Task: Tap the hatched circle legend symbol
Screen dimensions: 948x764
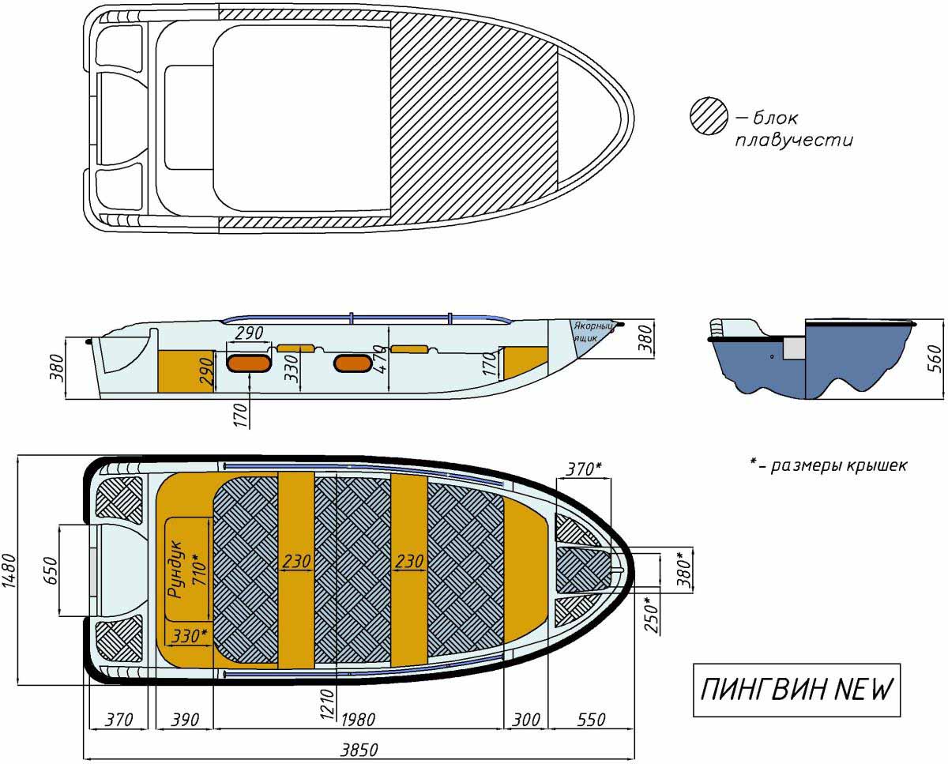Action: click(709, 116)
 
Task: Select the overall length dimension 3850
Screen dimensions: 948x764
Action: click(359, 750)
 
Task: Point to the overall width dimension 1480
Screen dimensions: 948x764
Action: click(9, 571)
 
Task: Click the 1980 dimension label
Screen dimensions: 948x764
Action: click(358, 720)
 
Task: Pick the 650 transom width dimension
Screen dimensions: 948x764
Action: click(51, 570)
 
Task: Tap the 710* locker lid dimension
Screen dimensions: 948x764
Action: click(198, 570)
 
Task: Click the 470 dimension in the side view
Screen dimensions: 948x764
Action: click(382, 359)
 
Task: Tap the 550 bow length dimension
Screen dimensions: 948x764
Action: click(591, 720)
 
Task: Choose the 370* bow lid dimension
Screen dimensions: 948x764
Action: click(584, 469)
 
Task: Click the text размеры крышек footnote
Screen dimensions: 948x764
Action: click(839, 465)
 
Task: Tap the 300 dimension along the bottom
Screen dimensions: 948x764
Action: click(525, 720)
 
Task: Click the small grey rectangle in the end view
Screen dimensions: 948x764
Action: click(794, 348)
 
